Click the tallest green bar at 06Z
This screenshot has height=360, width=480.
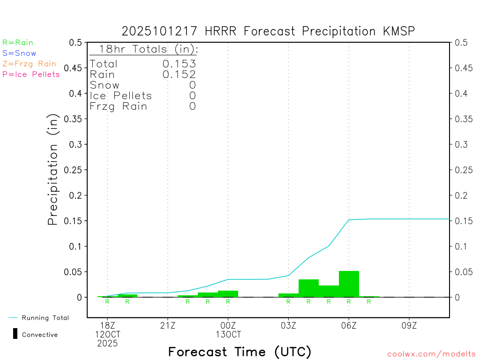click(x=349, y=284)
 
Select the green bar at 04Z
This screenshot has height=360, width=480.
click(x=308, y=288)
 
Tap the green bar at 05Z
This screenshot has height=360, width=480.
click(x=329, y=291)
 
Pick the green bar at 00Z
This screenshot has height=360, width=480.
click(x=228, y=293)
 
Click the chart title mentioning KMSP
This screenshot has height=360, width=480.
click(x=268, y=31)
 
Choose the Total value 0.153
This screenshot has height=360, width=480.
click(x=179, y=64)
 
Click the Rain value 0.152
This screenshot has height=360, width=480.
click(x=179, y=74)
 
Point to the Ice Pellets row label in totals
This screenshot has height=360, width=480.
click(x=121, y=96)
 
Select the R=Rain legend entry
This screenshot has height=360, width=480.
click(x=18, y=43)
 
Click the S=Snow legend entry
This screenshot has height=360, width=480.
click(x=19, y=53)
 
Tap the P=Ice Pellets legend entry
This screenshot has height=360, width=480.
click(x=31, y=74)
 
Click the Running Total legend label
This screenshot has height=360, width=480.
click(x=45, y=318)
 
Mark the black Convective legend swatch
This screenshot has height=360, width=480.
click(x=15, y=334)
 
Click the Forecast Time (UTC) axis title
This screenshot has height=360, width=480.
click(x=240, y=352)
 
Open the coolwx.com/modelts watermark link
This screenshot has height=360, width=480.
click(x=432, y=354)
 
